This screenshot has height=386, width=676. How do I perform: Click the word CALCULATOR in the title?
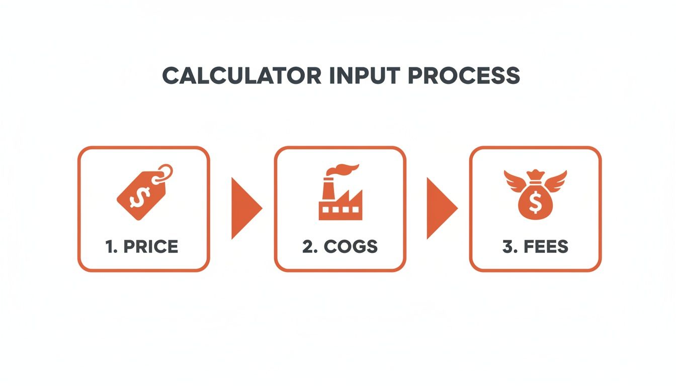241,75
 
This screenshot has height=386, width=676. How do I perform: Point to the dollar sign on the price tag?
137,198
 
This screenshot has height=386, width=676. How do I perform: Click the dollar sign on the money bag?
535,202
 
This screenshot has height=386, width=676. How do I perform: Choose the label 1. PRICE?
143,246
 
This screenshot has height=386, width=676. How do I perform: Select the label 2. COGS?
340,246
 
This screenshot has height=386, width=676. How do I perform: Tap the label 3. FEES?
535,246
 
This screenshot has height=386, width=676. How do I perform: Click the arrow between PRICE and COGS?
244,207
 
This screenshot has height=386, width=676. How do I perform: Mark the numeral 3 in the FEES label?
506,246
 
